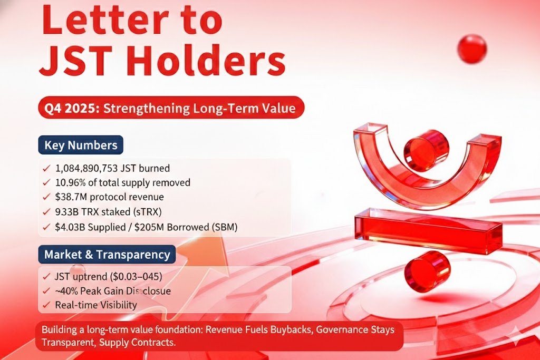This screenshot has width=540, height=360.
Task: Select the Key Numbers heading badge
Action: click(x=81, y=145)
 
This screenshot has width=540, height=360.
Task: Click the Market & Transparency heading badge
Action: click(x=107, y=255)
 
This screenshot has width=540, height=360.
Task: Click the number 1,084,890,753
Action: click(x=86, y=168)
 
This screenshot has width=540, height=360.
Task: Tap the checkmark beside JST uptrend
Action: click(x=46, y=277)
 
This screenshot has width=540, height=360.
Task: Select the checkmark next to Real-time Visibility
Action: click(x=46, y=305)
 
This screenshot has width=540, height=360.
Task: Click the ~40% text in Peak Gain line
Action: click(x=66, y=291)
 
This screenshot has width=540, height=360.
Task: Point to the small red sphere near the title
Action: click(x=472, y=48)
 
